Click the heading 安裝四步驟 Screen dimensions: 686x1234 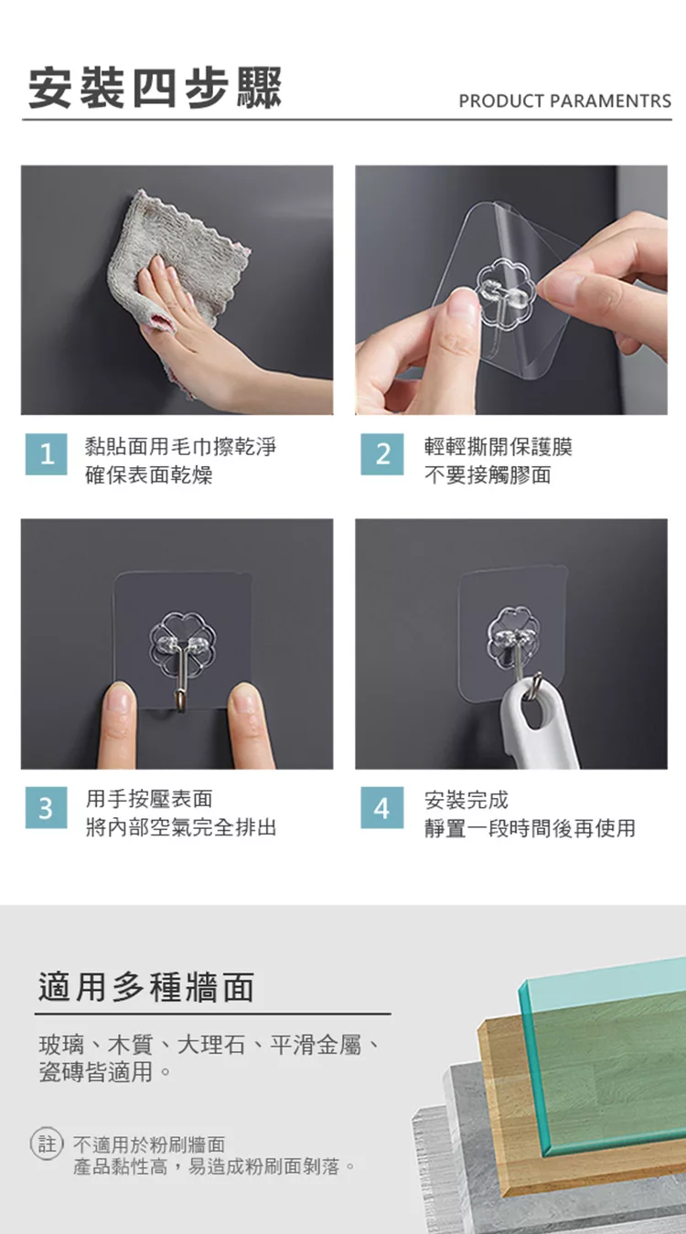coord(155,88)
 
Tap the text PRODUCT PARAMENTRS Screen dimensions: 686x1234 coord(564,101)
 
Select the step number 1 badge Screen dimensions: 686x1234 coord(47,454)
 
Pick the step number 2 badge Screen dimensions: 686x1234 coord(382,454)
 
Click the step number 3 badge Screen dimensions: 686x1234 coord(47,808)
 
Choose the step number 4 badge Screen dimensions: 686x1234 coord(382,808)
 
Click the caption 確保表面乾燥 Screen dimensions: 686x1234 coord(149,475)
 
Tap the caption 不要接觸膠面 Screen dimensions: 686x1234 coord(488,475)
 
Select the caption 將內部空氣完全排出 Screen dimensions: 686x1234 coord(181,827)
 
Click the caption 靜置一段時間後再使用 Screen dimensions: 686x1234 coord(530,828)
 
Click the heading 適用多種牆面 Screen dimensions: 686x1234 coord(146,986)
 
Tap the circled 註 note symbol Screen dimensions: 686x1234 coord(47,1144)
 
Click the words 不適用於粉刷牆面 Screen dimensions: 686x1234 coord(149,1144)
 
